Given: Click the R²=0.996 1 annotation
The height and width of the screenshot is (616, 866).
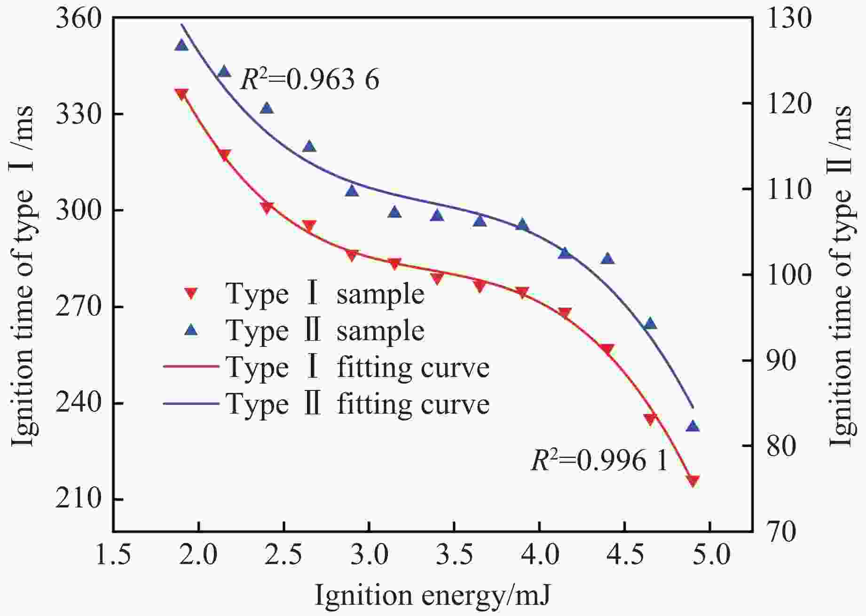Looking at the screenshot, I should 599,460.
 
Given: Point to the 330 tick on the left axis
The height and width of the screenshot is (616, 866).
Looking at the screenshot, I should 79,114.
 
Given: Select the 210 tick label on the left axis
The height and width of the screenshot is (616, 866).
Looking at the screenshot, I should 79,499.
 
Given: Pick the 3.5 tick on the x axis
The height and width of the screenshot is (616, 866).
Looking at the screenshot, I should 454,554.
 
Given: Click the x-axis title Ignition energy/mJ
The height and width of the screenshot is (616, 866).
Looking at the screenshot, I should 432,595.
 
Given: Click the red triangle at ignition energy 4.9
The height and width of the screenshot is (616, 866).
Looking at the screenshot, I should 693,481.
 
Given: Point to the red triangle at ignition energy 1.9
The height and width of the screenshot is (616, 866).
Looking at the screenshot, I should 181,94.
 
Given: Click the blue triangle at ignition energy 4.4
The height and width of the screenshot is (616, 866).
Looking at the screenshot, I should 607,259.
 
